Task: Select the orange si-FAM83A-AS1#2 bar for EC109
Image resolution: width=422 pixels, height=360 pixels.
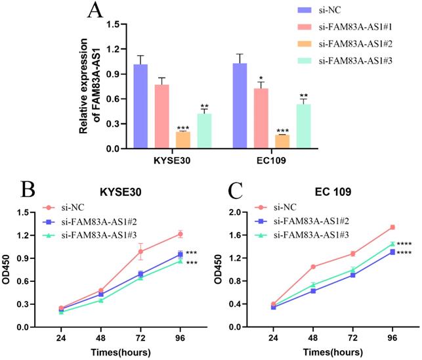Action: point(282,141)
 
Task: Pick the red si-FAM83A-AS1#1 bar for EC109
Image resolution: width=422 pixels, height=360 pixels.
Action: point(261,118)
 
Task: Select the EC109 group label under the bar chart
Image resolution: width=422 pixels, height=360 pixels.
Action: point(270,160)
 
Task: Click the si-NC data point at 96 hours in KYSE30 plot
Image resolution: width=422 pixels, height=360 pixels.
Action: point(180,234)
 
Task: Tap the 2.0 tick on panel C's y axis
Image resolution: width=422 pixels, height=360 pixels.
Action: point(241,213)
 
